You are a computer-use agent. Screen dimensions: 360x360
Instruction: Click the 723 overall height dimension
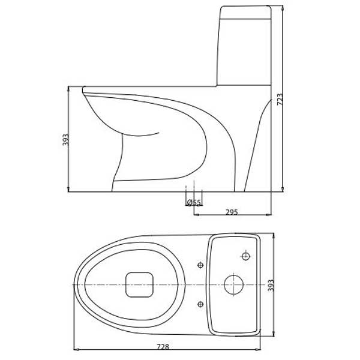tap(280, 100)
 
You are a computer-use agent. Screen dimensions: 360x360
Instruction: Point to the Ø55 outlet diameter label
tap(193, 203)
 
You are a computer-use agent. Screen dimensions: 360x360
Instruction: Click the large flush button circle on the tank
tap(232, 283)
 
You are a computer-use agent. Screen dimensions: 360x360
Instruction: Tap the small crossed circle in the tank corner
tap(245, 257)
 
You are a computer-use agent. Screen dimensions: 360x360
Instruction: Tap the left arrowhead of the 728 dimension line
tap(75, 350)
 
